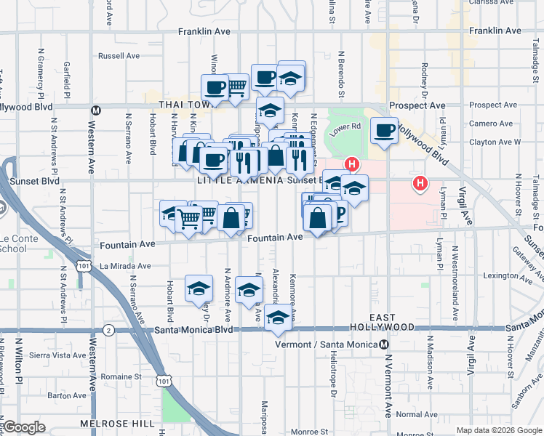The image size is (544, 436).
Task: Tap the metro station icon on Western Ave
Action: coord(95,110)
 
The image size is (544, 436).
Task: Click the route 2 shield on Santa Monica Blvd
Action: coord(108,330)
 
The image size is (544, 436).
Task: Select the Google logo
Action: coord(23,427)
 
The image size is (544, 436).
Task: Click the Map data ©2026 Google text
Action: coord(499,430)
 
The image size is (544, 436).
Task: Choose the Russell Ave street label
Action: coord(119,55)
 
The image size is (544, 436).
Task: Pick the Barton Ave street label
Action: coord(67,396)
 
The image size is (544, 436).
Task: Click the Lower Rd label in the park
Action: coord(345,126)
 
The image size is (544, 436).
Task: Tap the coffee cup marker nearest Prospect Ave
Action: coord(383,131)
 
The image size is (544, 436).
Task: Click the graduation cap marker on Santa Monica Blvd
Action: coord(277,318)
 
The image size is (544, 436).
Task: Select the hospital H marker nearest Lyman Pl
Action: coord(420,183)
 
